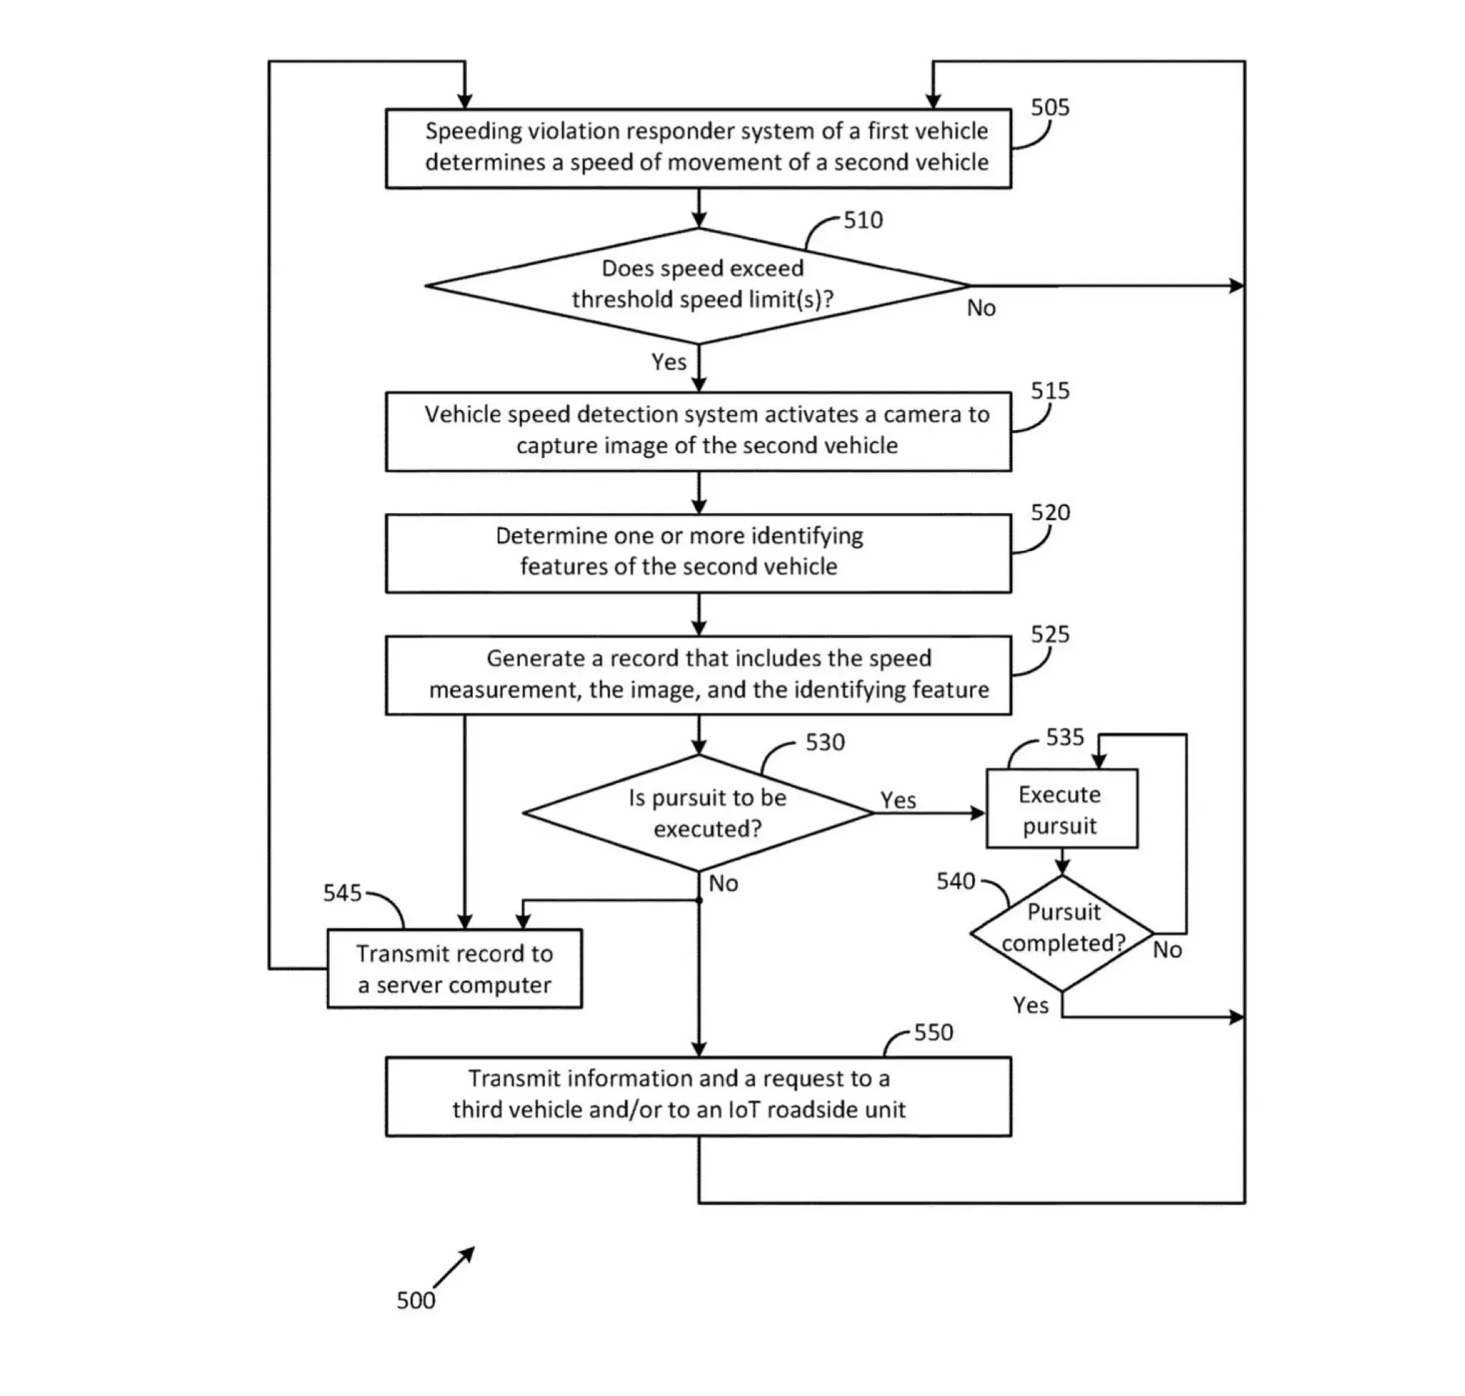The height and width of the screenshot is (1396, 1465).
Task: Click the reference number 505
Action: (x=1049, y=108)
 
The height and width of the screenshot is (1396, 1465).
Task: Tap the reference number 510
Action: (x=863, y=220)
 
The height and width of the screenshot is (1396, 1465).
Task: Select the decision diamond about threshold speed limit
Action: (x=698, y=285)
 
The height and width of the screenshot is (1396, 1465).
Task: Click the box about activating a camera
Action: (x=698, y=431)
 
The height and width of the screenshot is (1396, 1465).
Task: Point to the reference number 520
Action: (x=1050, y=513)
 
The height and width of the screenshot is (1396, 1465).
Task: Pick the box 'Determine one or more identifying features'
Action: (x=698, y=553)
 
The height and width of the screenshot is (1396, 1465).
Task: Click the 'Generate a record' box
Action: (x=698, y=675)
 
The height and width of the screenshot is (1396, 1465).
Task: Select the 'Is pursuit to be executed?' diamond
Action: (x=698, y=813)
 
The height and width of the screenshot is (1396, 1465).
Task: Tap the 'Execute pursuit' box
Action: (x=1062, y=809)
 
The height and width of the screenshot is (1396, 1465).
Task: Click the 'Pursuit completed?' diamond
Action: (x=1062, y=933)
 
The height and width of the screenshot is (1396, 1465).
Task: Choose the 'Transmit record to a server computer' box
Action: (x=455, y=969)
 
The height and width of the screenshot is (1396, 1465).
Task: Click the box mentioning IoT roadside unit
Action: (x=698, y=1096)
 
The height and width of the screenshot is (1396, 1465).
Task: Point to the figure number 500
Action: (x=415, y=1300)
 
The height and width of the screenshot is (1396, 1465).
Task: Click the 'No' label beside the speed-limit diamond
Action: (x=981, y=308)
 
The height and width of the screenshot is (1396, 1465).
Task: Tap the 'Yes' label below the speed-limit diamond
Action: (x=668, y=361)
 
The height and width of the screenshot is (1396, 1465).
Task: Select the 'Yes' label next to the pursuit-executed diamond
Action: (x=898, y=800)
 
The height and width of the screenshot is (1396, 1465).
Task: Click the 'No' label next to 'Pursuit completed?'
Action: (x=1167, y=950)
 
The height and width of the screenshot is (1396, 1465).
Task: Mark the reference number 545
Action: (x=342, y=893)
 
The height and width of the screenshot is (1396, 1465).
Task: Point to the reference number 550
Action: (x=933, y=1032)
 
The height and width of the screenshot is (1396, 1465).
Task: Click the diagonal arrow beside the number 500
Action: (x=454, y=1267)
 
